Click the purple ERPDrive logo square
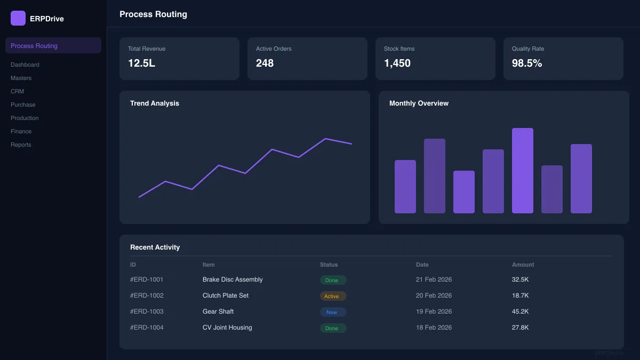click(x=18, y=18)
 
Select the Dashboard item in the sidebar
click(x=25, y=65)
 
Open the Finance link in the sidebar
click(x=21, y=131)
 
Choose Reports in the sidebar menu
click(x=21, y=145)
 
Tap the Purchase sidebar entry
click(x=23, y=105)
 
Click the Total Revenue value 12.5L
click(x=141, y=63)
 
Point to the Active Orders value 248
click(x=265, y=63)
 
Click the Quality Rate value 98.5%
click(x=527, y=63)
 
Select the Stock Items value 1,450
click(x=397, y=63)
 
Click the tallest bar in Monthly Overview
click(x=523, y=171)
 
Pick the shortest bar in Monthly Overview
click(x=464, y=192)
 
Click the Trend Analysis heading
click(x=155, y=103)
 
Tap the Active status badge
click(x=333, y=296)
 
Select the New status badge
click(x=333, y=312)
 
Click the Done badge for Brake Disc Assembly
click(x=333, y=280)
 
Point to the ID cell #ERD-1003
click(x=147, y=311)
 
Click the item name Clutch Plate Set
click(x=226, y=295)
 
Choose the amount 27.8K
click(x=520, y=327)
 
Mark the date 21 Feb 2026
click(x=434, y=279)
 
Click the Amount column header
click(x=523, y=265)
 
